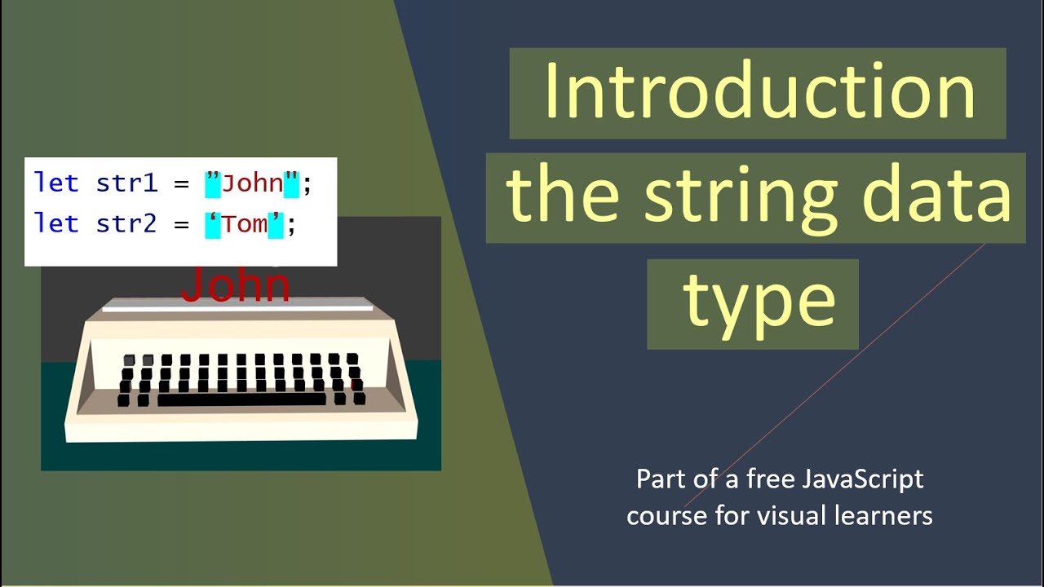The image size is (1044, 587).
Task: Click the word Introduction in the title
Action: coord(759,91)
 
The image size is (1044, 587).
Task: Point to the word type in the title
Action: coord(759,302)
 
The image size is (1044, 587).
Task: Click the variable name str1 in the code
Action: coord(126,183)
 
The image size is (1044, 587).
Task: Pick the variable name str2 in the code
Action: coord(126,224)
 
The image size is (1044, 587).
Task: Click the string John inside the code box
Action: coord(252,183)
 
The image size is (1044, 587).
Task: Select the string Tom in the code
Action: coord(245,224)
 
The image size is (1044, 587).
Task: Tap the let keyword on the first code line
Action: coord(56,183)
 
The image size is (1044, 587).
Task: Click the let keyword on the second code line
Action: coord(56,224)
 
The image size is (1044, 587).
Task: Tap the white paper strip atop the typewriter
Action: coord(237,307)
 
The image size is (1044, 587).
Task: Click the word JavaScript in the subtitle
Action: coord(863,479)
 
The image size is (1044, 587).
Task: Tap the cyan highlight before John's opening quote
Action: coord(213,183)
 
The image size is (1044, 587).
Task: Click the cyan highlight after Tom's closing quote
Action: coord(276,224)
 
